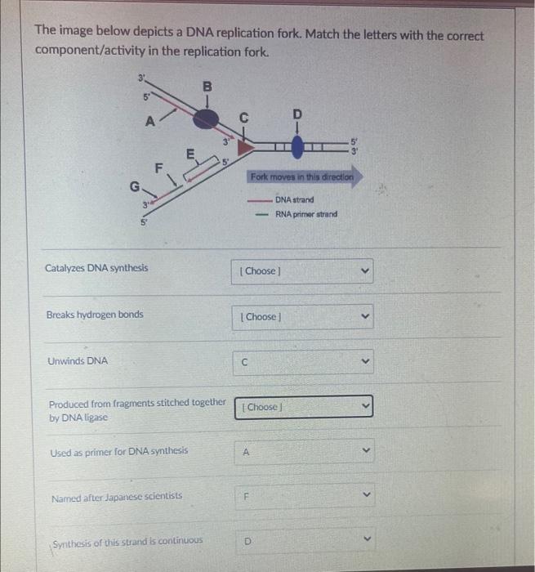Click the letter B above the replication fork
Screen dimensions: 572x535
(x=207, y=84)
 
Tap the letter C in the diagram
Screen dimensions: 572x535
(x=243, y=116)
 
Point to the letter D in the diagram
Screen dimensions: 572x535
(x=296, y=112)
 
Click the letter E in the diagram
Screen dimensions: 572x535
(x=190, y=152)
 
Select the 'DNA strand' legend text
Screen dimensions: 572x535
(x=294, y=199)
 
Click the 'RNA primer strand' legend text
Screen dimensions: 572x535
(x=306, y=214)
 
